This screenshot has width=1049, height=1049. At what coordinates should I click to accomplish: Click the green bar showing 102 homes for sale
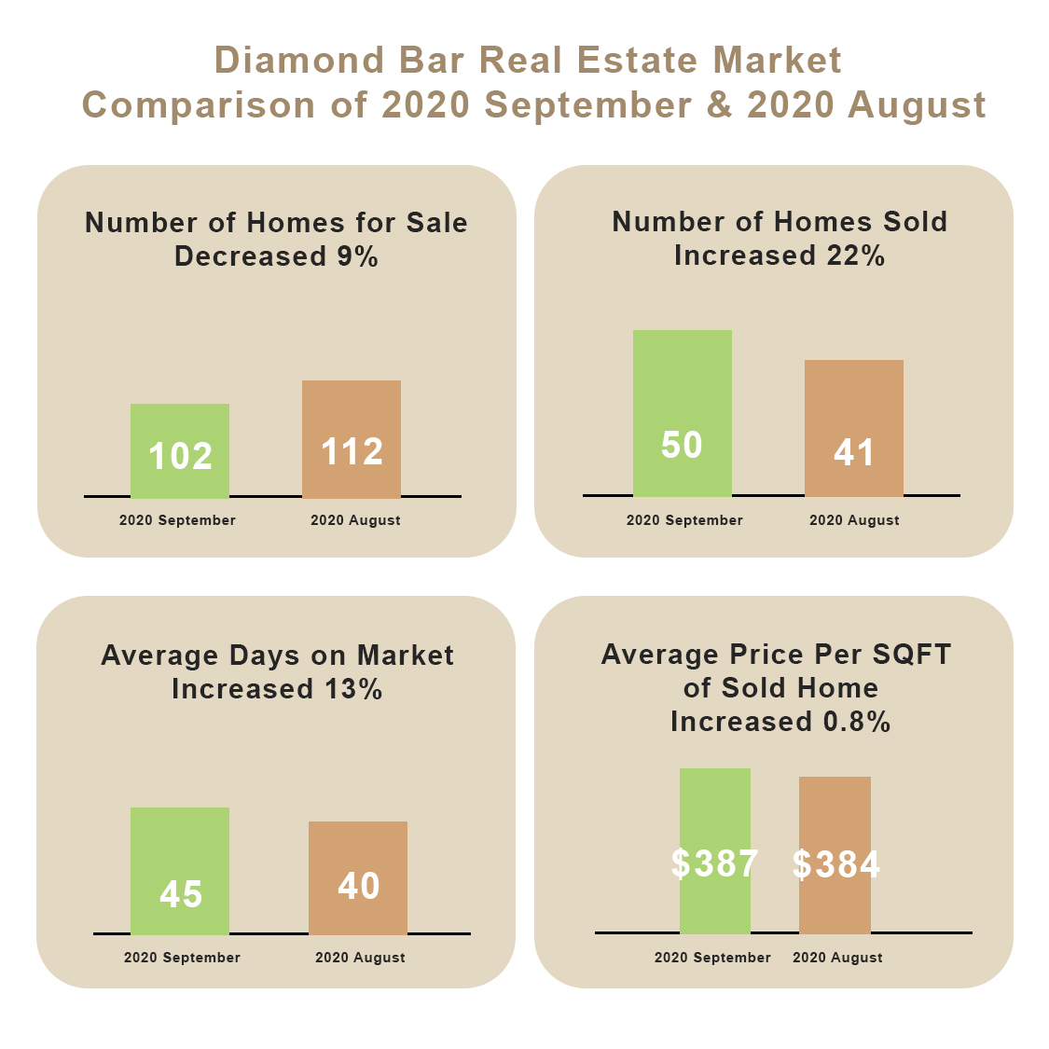coord(180,451)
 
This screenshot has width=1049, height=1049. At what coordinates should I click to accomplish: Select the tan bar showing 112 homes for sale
coord(352,439)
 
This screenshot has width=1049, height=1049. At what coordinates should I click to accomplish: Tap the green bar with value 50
coord(682,413)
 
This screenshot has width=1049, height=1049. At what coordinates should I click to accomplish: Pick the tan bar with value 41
coord(853,428)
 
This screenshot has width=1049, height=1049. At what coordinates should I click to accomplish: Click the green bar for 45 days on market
coord(180,871)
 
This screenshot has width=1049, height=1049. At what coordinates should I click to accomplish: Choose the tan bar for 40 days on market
coord(358,877)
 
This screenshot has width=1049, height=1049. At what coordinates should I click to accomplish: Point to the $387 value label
coord(714,863)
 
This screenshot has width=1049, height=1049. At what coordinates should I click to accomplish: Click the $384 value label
coord(836,864)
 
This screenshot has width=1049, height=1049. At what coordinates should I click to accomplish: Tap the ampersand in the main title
coord(719,104)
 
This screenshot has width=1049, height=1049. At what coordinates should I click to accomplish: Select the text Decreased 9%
coord(276,256)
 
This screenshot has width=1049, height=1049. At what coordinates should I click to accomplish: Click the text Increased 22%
coord(780,255)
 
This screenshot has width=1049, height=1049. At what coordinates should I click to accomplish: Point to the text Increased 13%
coord(277,689)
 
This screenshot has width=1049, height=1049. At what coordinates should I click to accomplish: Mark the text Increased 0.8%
coord(780,722)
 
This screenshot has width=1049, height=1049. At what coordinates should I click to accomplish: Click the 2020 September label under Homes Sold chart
coord(684,520)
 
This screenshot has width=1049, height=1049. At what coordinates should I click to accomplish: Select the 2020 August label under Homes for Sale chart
coord(355,520)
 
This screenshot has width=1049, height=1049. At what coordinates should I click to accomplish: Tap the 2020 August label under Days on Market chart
coord(360,958)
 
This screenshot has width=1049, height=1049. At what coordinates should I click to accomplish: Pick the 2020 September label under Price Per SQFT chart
coord(712,958)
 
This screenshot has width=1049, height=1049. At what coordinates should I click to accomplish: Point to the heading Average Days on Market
coord(277,656)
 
